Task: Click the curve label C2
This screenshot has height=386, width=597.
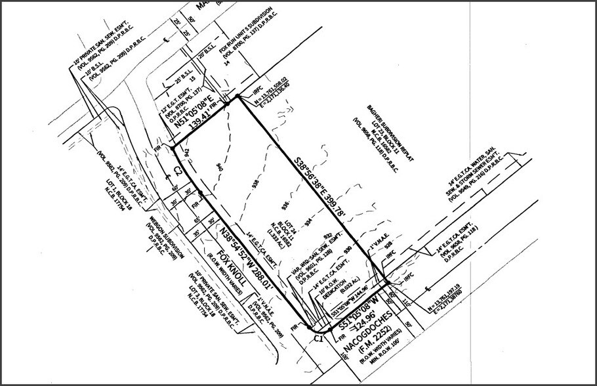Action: point(178,172)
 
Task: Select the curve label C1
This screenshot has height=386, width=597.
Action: point(318,338)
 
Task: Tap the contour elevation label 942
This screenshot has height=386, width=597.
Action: point(187,152)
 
